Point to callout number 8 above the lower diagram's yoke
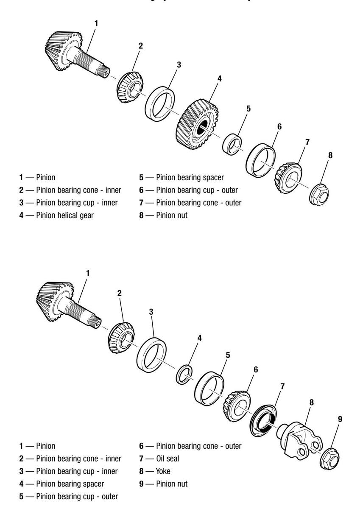[x=311, y=402]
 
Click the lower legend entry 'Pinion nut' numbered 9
[x=169, y=484]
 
